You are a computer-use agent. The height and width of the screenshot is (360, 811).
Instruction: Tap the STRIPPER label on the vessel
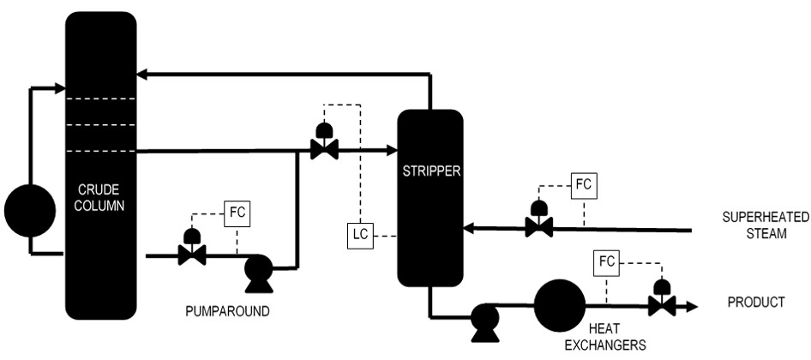430,170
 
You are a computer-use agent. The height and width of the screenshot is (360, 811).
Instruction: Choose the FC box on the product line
605,260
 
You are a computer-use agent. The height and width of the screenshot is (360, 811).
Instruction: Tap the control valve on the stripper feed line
324,148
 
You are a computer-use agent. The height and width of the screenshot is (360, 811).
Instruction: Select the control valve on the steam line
539,225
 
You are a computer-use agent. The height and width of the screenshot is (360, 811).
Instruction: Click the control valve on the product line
662,303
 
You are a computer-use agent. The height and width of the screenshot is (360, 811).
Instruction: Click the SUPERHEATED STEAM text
754,225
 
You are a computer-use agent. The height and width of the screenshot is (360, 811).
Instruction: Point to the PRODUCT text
756,303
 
